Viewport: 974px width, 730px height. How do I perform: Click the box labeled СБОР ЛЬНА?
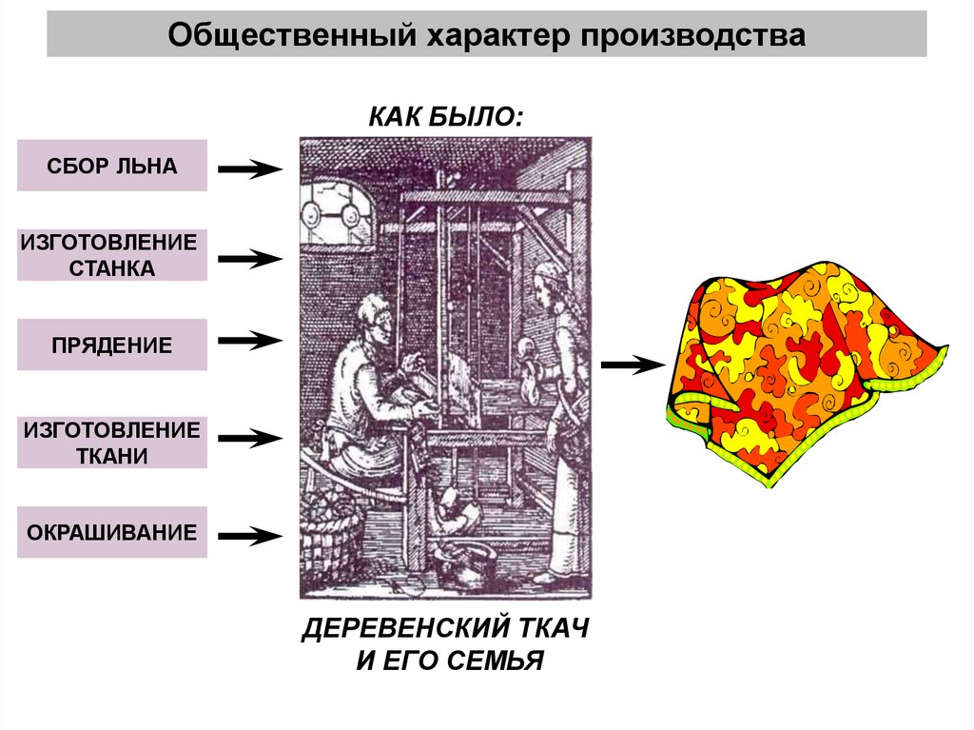[112, 166]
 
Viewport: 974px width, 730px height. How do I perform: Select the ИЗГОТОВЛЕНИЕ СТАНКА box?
[112, 255]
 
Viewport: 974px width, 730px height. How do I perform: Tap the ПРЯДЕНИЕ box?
[112, 345]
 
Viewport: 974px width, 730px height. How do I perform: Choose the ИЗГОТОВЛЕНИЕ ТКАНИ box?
[112, 443]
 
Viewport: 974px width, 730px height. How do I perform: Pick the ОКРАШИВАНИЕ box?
[112, 532]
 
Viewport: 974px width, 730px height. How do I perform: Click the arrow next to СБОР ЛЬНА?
[250, 168]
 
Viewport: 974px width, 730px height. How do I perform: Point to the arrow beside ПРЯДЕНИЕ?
[250, 340]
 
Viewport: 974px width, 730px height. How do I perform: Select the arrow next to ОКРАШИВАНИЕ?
[250, 536]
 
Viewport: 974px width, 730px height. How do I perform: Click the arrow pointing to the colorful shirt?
[633, 365]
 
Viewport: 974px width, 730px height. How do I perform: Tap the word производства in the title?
[693, 35]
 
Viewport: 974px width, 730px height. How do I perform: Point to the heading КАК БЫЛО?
[446, 117]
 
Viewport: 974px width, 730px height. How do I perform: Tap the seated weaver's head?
[375, 319]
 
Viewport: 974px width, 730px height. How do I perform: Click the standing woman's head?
[549, 284]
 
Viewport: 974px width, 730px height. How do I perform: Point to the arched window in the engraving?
[339, 211]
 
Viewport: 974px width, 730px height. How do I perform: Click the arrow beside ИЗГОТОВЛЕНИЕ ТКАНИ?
[250, 439]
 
